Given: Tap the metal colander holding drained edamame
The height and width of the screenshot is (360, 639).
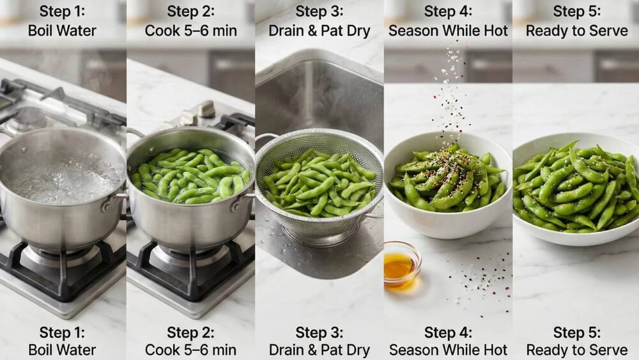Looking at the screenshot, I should tap(318, 185).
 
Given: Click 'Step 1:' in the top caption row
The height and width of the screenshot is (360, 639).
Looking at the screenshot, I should tap(62, 12).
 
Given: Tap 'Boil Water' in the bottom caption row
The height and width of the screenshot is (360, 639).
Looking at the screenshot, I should tap(62, 350).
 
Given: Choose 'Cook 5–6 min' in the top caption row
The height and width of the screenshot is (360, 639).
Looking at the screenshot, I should tap(190, 30).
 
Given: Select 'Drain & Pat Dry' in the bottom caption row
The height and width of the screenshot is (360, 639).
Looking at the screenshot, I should tap(319, 350).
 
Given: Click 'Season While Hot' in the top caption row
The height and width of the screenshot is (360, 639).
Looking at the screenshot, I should tap(448, 30).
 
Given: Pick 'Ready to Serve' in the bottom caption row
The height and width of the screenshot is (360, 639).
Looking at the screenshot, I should tap(576, 350).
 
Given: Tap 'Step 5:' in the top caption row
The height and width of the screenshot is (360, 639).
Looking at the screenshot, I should tap(576, 12).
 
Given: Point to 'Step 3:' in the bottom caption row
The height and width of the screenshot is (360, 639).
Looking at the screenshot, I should tap(319, 333).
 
